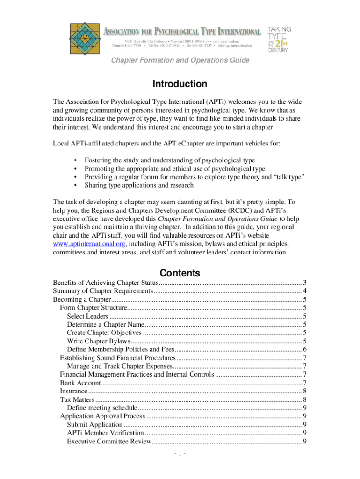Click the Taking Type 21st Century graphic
(x=280, y=39)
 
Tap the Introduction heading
(x=180, y=84)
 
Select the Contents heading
(x=180, y=273)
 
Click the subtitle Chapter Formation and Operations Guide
(x=180, y=60)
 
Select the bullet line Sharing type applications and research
(x=139, y=185)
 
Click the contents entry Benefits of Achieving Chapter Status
(x=106, y=283)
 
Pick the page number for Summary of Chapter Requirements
(x=304, y=291)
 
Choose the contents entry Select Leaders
(x=87, y=316)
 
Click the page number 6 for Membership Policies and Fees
(x=304, y=349)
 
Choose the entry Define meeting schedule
(x=101, y=408)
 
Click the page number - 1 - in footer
(x=179, y=454)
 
